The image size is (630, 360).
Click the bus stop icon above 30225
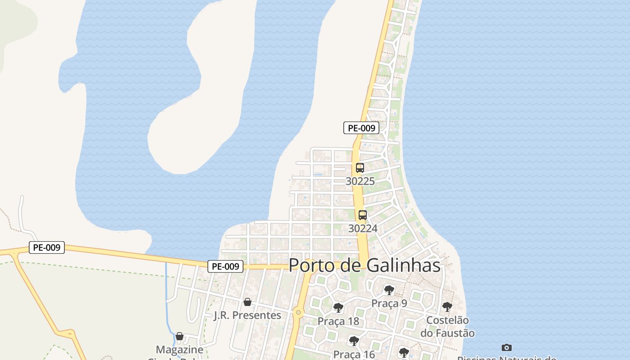[x=360, y=168]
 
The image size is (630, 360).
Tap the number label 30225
[x=360, y=181]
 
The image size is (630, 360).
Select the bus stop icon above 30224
[x=363, y=215]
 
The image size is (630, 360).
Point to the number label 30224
[x=363, y=228]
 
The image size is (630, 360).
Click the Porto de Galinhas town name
[x=364, y=265]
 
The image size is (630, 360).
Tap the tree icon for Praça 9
[x=389, y=290]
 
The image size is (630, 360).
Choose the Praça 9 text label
[x=389, y=303]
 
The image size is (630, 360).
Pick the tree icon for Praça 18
[x=338, y=308]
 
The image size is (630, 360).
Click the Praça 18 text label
[x=338, y=321]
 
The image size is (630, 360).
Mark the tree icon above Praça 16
[x=354, y=341]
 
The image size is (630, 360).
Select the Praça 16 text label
[x=354, y=354]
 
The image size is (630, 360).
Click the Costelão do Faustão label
[x=447, y=327]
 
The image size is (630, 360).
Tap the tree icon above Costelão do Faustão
[x=447, y=307]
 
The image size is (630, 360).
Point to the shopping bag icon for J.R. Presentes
[x=247, y=302]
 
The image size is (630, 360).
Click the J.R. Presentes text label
[x=247, y=315]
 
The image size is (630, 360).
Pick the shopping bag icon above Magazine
[x=180, y=336]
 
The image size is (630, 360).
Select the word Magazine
[x=180, y=349]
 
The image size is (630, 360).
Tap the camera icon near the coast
[x=507, y=347]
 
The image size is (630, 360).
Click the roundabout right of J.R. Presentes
[x=298, y=312]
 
